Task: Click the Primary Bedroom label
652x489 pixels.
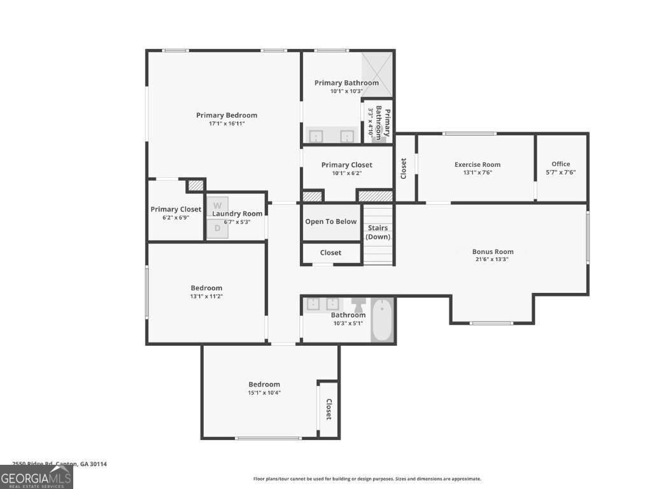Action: pos(227,115)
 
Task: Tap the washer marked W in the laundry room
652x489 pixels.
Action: pos(217,206)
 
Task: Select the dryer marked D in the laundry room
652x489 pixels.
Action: pos(217,227)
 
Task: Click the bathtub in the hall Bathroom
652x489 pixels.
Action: pos(383,320)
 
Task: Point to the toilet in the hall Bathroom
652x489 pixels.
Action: pos(357,304)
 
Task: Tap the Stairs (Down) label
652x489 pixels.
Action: pos(376,232)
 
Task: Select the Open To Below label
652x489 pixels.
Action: pos(330,222)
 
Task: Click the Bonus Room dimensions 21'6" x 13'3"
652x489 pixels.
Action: pos(492,259)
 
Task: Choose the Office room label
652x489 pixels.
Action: pos(561,164)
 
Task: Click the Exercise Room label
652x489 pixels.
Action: pos(478,164)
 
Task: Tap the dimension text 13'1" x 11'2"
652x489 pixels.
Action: pos(206,296)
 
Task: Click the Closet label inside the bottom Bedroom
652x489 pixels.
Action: pos(329,409)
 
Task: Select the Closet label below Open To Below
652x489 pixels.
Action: pos(330,253)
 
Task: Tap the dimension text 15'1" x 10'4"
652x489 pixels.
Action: pos(264,392)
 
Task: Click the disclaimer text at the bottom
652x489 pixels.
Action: pos(367,479)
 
